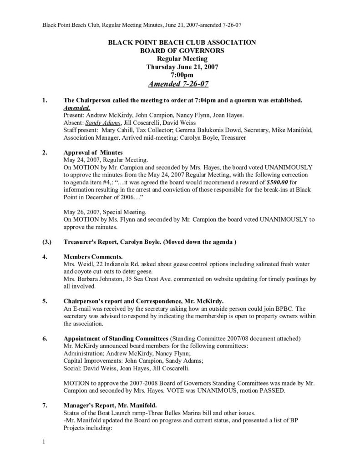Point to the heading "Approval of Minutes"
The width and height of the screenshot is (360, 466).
(92, 152)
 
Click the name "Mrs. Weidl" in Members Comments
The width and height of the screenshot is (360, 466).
(77, 264)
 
